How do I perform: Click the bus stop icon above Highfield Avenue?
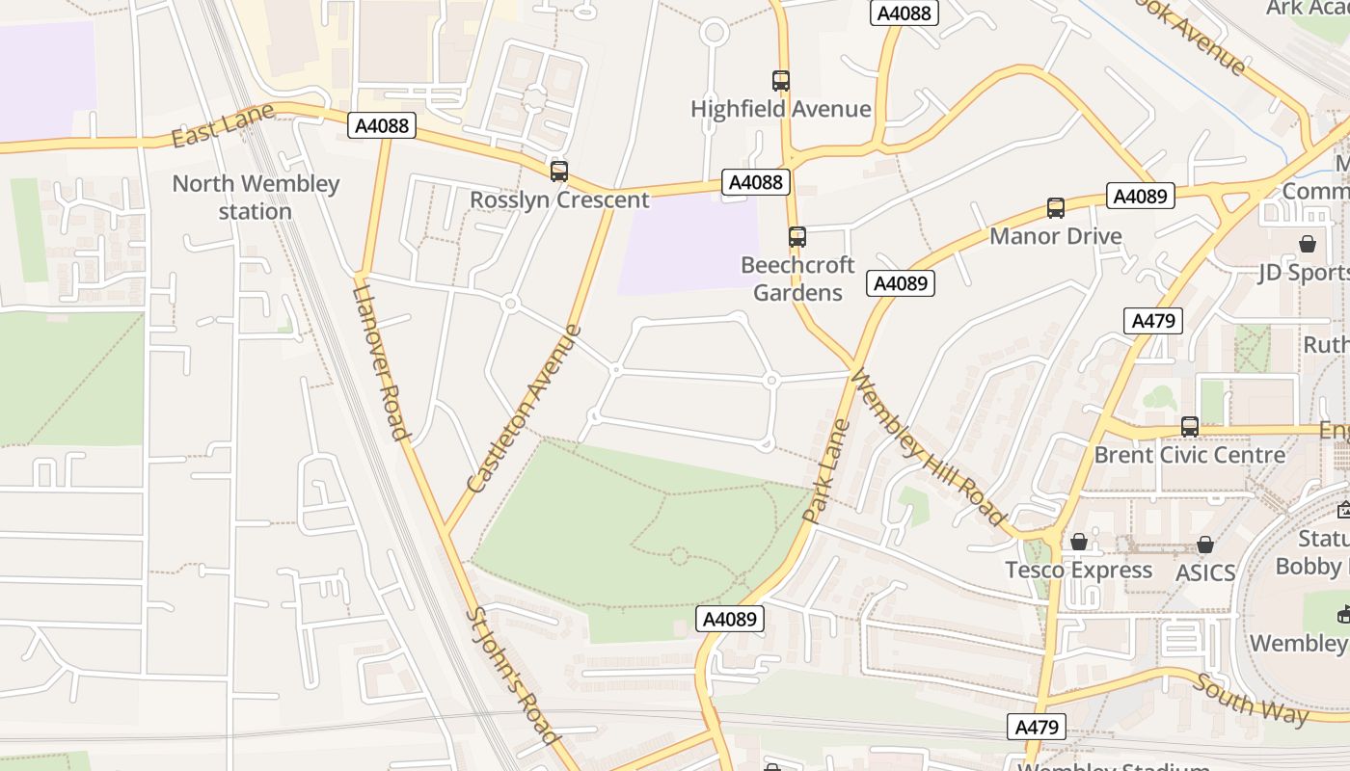click(781, 81)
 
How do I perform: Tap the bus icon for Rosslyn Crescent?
click(559, 172)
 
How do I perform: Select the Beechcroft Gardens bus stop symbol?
click(797, 236)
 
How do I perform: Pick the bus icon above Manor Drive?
click(1056, 207)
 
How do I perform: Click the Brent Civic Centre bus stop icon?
click(1190, 426)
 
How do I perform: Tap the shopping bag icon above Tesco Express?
click(1079, 543)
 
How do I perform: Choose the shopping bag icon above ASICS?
click(1204, 545)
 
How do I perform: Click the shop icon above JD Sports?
click(1308, 244)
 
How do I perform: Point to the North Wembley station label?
click(256, 198)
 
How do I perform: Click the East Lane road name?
click(210, 127)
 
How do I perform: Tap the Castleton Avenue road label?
click(525, 410)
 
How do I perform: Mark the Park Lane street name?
click(826, 471)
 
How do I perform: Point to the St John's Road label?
click(513, 675)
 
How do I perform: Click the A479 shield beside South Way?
click(1038, 727)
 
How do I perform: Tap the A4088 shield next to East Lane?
click(382, 125)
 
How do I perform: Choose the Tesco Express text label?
click(1078, 570)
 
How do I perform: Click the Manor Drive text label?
click(1056, 236)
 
